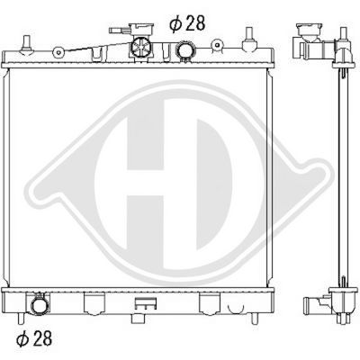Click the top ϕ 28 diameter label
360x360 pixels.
pyautogui.click(x=189, y=23)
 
